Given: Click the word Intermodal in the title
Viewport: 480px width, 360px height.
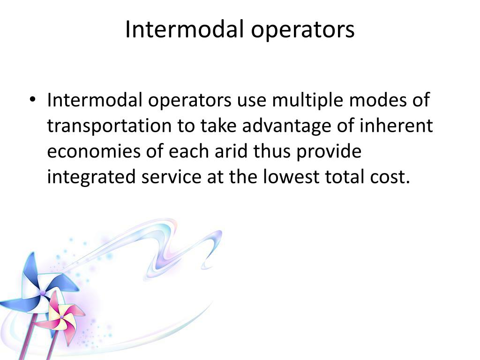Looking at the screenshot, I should (x=185, y=30).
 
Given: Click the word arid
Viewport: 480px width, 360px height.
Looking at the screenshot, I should (x=224, y=152).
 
